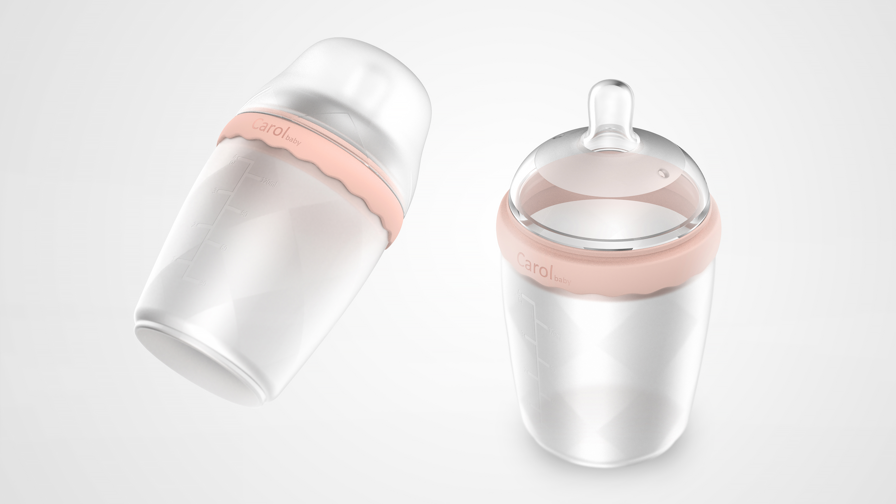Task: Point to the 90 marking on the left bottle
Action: coord(244,213)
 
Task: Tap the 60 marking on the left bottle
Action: coord(224,248)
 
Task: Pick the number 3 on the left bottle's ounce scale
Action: coord(215,191)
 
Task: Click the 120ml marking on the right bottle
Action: coord(554,334)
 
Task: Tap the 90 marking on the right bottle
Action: coord(552,366)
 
